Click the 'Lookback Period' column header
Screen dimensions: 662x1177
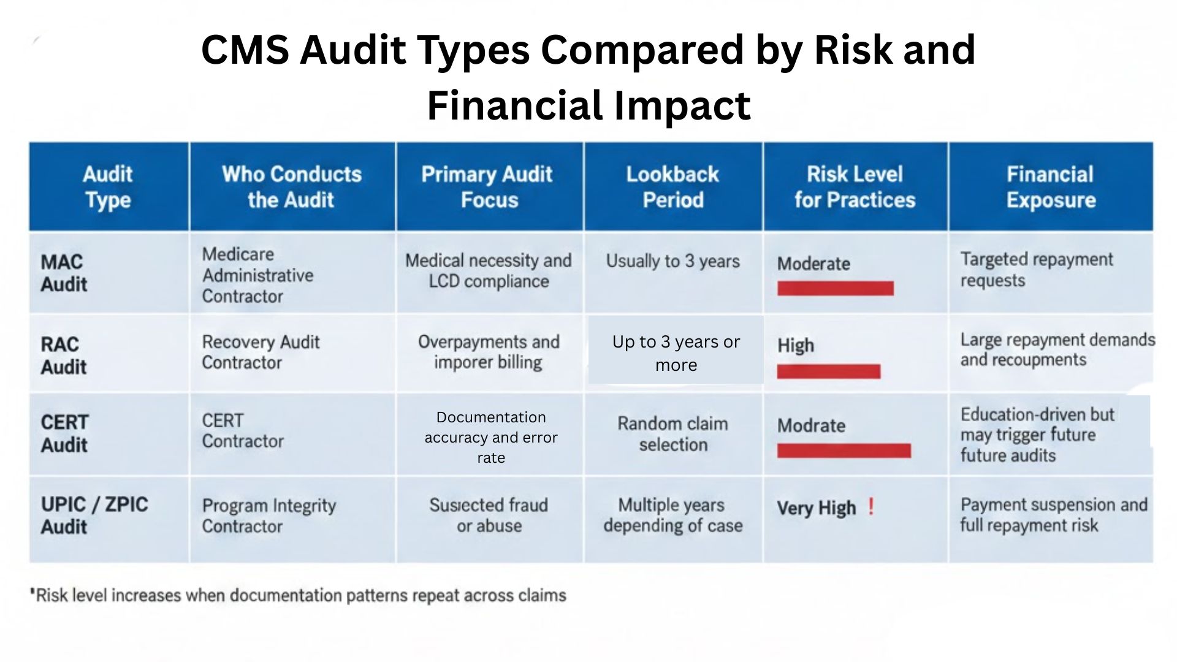pyautogui.click(x=672, y=187)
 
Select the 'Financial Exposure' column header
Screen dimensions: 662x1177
pyautogui.click(x=1050, y=187)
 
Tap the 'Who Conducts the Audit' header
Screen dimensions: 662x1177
pyautogui.click(x=292, y=187)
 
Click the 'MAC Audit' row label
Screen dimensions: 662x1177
pyautogui.click(x=64, y=273)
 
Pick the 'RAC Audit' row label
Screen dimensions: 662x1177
pyautogui.click(x=63, y=356)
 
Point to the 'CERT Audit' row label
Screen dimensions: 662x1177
pyautogui.click(x=64, y=433)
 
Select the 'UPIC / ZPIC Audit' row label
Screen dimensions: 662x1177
pyautogui.click(x=94, y=516)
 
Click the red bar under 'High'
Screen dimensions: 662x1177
pyautogui.click(x=828, y=371)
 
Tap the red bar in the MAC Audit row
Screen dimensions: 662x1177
pyautogui.click(x=835, y=288)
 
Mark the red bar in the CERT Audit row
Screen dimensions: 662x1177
pyautogui.click(x=844, y=451)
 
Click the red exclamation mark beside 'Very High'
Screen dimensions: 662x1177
pyautogui.click(x=871, y=507)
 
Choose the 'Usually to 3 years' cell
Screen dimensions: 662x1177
pyautogui.click(x=672, y=261)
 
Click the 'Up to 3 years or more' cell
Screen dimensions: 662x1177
pyautogui.click(x=676, y=353)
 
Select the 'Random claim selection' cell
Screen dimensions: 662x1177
pyautogui.click(x=672, y=434)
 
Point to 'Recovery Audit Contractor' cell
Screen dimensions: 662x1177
pyautogui.click(x=261, y=352)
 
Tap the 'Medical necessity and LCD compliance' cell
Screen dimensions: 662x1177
pyautogui.click(x=489, y=271)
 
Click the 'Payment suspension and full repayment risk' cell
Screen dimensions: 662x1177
pyautogui.click(x=1053, y=515)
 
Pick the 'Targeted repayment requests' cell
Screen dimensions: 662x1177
pyautogui.click(x=1036, y=270)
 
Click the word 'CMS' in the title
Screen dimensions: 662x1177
pyautogui.click(x=245, y=49)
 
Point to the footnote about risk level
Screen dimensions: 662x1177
pyautogui.click(x=299, y=595)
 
